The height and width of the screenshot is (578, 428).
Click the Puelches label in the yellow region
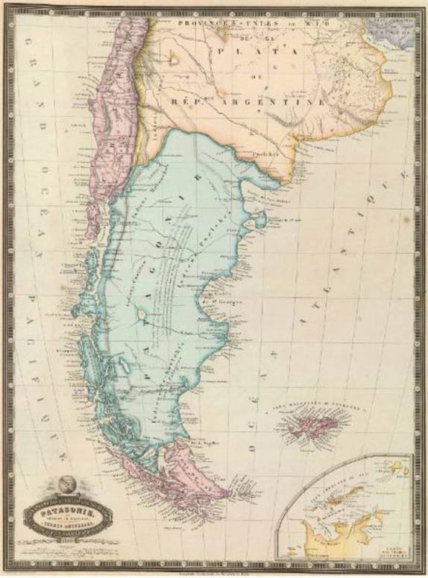point(264,154)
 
